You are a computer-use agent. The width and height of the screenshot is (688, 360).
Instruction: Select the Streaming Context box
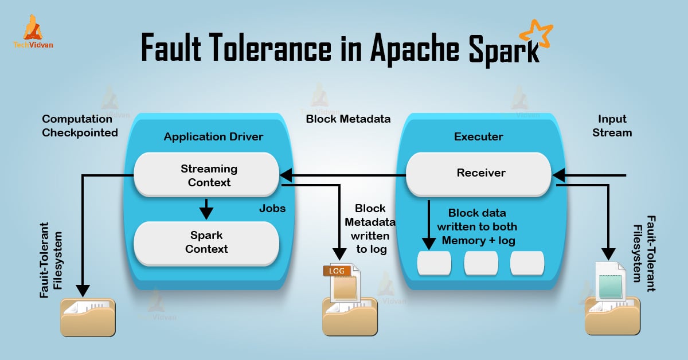pyautogui.click(x=206, y=175)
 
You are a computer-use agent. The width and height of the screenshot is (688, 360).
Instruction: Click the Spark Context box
pyautogui.click(x=206, y=242)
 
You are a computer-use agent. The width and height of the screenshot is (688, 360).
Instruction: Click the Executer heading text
pyautogui.click(x=479, y=136)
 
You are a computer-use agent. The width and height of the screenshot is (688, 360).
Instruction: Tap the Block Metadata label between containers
pyautogui.click(x=348, y=119)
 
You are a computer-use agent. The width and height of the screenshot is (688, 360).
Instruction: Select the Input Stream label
pyautogui.click(x=612, y=126)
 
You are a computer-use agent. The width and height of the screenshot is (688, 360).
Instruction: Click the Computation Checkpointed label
pyautogui.click(x=80, y=126)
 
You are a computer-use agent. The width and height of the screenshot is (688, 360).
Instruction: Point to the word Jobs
pyautogui.click(x=272, y=208)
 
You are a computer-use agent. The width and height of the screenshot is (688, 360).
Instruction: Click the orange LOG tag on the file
pyautogui.click(x=337, y=270)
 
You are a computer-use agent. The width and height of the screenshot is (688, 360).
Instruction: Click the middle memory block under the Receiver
pyautogui.click(x=480, y=263)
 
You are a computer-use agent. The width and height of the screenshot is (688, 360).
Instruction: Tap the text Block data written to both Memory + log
pyautogui.click(x=478, y=226)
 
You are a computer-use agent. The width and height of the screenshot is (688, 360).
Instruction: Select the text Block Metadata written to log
pyautogui.click(x=370, y=229)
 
